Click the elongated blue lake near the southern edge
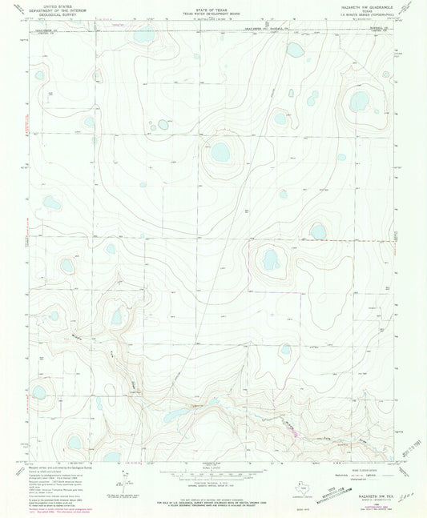point(177,416)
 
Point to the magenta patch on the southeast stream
point(295,435)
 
